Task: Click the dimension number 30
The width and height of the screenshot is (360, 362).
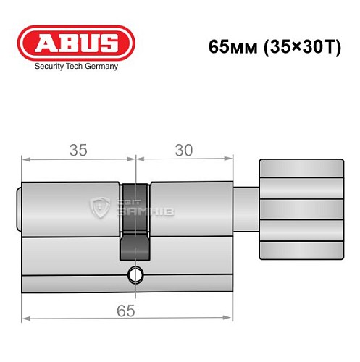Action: (184, 151)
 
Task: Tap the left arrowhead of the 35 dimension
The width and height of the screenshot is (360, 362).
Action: (26, 157)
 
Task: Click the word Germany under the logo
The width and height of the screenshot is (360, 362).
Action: (100, 65)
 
